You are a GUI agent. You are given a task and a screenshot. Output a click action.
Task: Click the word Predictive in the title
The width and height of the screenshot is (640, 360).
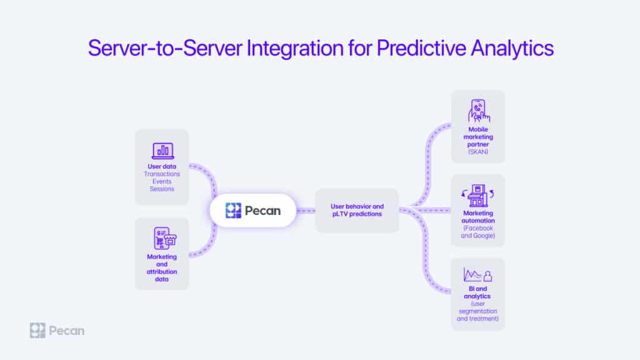coord(421,48)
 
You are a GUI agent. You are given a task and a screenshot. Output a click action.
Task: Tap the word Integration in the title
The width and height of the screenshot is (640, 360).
coord(295,49)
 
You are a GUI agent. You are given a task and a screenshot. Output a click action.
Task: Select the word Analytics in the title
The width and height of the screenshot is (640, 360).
coord(512,49)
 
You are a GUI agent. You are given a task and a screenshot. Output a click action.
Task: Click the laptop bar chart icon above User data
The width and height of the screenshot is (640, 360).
coord(163,151)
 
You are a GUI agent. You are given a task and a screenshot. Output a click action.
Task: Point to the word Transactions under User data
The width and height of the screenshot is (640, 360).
coord(162,174)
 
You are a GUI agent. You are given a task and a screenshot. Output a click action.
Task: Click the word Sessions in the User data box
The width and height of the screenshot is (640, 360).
coord(162,189)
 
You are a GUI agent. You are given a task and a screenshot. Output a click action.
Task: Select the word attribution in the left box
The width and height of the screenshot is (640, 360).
coord(162,272)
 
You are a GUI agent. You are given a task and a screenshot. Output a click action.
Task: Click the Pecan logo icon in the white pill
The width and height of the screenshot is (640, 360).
coord(234,211)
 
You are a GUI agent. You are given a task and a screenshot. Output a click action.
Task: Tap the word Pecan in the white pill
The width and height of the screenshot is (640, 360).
coord(263,211)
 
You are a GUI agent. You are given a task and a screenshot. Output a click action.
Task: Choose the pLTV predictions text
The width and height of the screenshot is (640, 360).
coord(357,214)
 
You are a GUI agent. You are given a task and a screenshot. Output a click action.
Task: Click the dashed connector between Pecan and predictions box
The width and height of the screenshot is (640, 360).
coord(306,211)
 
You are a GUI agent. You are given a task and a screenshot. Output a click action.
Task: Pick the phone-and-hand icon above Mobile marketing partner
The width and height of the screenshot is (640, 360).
coord(478,111)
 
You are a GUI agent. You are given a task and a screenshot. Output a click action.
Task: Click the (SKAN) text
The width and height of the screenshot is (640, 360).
coord(478,152)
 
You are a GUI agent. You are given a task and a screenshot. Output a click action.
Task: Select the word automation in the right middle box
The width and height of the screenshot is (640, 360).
coord(478,221)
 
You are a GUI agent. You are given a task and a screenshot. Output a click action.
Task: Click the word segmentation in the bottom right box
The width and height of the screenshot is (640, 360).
coord(478,311)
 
